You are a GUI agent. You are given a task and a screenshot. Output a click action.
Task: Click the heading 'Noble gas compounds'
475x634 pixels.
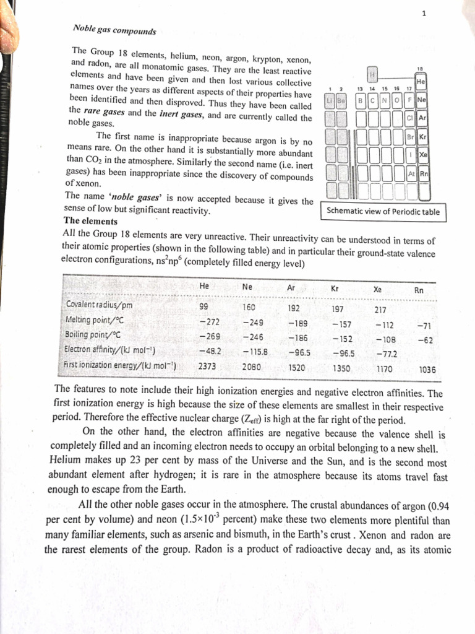click(114, 30)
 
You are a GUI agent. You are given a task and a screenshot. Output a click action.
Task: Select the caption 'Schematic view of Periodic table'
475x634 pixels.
click(384, 212)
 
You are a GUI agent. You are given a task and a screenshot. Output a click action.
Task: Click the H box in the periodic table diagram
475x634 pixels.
click(373, 75)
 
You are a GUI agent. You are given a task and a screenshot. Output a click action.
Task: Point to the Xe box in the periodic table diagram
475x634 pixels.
click(423, 154)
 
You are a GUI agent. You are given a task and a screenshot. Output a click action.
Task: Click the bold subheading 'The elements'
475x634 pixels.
click(90, 221)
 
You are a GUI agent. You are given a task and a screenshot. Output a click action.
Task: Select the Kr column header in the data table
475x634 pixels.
click(335, 289)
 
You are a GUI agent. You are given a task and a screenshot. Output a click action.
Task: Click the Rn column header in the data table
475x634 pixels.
click(419, 290)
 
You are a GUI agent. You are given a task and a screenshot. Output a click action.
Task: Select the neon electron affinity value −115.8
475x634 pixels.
click(254, 352)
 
